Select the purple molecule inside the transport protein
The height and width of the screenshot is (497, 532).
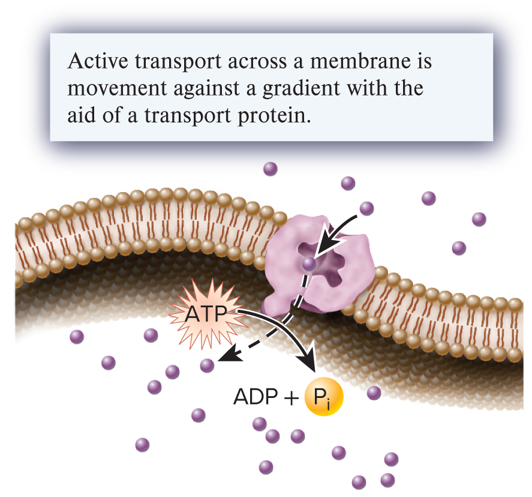tap(309, 263)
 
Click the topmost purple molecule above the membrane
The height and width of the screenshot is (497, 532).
tap(270, 169)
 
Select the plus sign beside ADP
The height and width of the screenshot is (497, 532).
tap(290, 398)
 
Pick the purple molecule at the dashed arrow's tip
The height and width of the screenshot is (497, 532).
tap(208, 366)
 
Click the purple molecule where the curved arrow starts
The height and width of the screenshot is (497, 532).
tap(366, 208)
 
